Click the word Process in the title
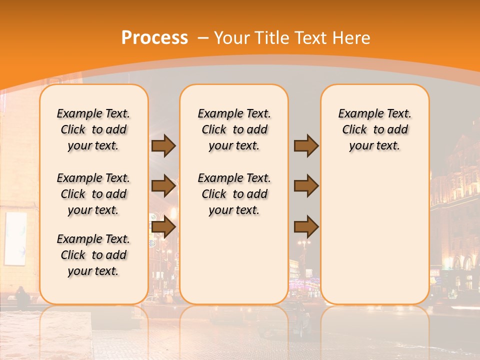pos(154,37)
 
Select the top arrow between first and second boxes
pos(163,146)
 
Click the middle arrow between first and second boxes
pos(163,186)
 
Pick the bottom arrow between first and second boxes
pos(163,227)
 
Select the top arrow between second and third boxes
pos(306,146)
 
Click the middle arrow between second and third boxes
pos(306,186)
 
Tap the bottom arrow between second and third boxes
pos(306,227)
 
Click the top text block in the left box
pos(93,129)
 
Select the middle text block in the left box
pos(93,194)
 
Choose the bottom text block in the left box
pos(93,255)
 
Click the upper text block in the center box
pos(234,129)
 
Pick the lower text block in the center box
pos(234,194)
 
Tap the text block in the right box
pos(374,129)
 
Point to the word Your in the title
pos(232,37)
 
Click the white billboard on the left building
pos(15,237)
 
